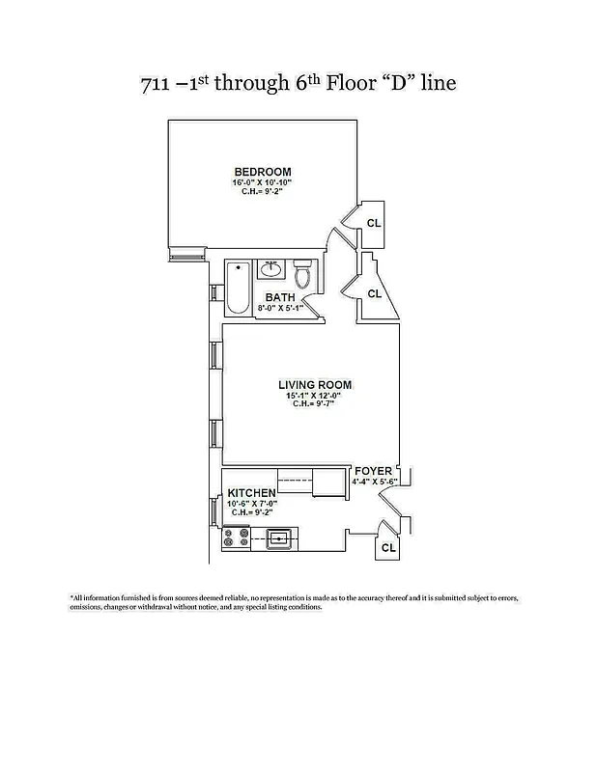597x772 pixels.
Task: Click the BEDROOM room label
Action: pyautogui.click(x=261, y=172)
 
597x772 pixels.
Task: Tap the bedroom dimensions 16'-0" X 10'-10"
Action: pyautogui.click(x=261, y=182)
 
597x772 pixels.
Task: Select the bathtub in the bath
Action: pyautogui.click(x=238, y=288)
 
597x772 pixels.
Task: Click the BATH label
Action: pyautogui.click(x=280, y=297)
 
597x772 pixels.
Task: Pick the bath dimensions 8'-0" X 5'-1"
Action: pyautogui.click(x=280, y=309)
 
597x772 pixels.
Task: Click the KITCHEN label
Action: pyautogui.click(x=251, y=493)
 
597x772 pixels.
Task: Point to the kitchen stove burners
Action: pyautogui.click(x=235, y=538)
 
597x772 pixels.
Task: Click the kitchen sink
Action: pyautogui.click(x=281, y=538)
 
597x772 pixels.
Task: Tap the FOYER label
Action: pyautogui.click(x=373, y=471)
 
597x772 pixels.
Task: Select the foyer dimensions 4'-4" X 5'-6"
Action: pyautogui.click(x=375, y=481)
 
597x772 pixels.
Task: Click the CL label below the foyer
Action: pyautogui.click(x=388, y=548)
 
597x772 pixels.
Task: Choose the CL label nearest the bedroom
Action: pyautogui.click(x=374, y=223)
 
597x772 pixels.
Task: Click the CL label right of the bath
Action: pyautogui.click(x=375, y=293)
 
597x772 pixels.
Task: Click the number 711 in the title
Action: pyautogui.click(x=157, y=83)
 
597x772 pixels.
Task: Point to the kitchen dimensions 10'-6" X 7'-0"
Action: pyautogui.click(x=252, y=503)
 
